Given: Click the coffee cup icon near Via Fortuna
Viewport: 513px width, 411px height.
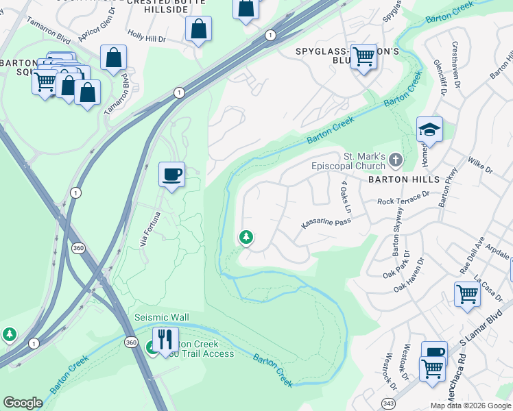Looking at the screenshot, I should tap(171, 173).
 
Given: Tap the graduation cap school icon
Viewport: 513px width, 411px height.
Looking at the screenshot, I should tap(429, 129).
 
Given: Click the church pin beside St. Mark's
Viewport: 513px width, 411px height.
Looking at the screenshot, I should tap(395, 160).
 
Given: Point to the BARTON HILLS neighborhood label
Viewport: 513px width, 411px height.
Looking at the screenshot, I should tap(403, 179).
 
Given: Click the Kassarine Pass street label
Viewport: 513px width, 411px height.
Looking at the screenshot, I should tap(326, 223).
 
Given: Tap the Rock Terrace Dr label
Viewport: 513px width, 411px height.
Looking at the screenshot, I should tap(403, 199).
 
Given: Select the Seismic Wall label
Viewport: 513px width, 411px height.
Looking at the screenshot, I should tap(160, 317).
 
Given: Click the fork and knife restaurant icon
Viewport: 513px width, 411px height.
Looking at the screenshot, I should tap(165, 338).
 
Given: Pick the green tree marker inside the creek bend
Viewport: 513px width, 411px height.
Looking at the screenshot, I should tap(246, 238).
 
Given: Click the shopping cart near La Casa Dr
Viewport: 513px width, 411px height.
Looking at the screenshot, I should tap(467, 293).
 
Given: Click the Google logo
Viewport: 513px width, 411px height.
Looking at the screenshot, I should tap(23, 403).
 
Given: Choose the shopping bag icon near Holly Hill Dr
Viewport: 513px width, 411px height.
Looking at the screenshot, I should tap(198, 29).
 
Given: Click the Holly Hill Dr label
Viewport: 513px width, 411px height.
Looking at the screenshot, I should tap(146, 39).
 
